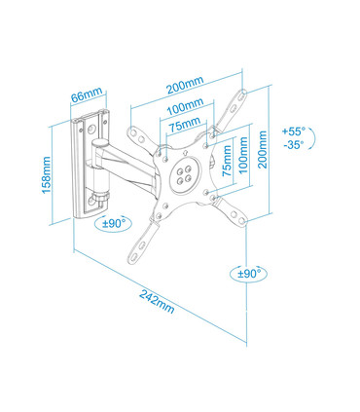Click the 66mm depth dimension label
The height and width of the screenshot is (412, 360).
pos(87,97)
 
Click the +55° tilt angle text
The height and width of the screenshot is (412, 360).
pos(293,131)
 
